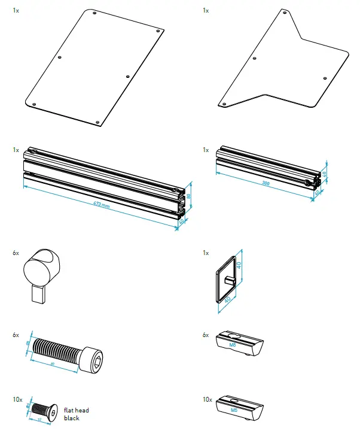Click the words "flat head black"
coord(76,414)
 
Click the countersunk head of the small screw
coord(53,411)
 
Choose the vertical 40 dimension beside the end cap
coord(238,265)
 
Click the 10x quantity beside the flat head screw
coord(17,399)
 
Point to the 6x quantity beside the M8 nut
coord(206,335)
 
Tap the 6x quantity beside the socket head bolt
coord(16,335)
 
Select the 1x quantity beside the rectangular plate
coord(16,11)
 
